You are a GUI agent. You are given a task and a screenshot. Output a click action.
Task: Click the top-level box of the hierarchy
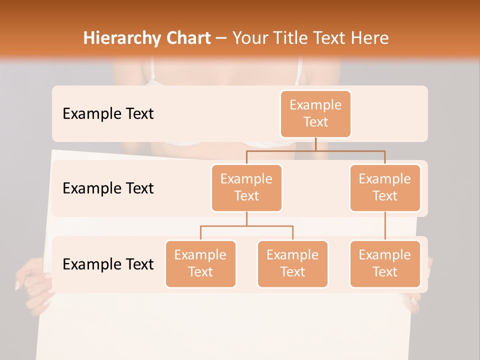coord(315,113)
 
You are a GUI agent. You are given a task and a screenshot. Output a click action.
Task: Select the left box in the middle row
coord(246,187)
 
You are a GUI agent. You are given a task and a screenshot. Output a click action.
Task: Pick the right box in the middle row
coord(385,187)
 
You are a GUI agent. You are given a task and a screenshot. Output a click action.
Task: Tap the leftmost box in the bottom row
coord(200,263)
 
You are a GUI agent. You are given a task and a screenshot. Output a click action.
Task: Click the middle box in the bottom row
coord(292,263)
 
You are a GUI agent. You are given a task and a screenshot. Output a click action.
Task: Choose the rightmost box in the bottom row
coord(385,263)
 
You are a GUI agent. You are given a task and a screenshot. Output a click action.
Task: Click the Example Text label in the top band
coord(108,113)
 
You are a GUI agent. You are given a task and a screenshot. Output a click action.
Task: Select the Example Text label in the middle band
coord(108,188)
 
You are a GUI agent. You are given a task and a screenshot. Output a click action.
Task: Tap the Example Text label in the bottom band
coord(108,264)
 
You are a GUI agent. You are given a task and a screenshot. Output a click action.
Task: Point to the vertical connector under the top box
coord(315,144)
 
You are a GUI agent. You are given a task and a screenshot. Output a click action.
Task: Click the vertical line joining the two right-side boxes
coord(385,225)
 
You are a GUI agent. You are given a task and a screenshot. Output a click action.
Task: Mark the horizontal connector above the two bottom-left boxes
coord(246,226)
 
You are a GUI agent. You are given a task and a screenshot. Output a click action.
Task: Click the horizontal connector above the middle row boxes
coord(315,150)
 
